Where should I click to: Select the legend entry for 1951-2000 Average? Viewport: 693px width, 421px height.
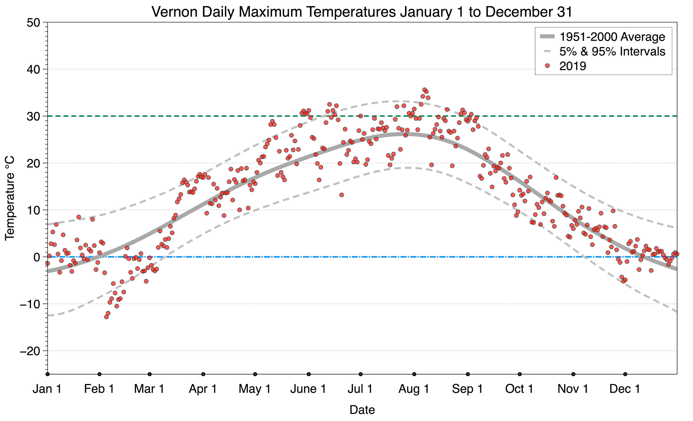[x=612, y=37]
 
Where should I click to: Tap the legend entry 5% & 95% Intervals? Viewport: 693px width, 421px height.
[x=612, y=51]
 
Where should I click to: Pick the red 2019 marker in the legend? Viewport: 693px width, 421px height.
[x=547, y=66]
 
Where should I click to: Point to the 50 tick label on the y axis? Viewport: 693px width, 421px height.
[x=33, y=23]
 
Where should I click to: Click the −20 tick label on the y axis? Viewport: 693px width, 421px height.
[x=29, y=351]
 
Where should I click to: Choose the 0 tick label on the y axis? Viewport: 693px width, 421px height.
[x=37, y=257]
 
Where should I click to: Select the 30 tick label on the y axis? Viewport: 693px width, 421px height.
[x=33, y=116]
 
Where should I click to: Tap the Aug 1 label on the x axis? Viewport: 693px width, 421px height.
[x=414, y=389]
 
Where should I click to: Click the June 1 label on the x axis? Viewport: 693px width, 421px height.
[x=308, y=389]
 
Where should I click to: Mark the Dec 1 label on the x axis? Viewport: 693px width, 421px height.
[x=625, y=389]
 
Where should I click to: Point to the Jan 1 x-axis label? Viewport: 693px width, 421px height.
[x=47, y=389]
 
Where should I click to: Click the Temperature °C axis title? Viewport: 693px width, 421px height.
[x=9, y=198]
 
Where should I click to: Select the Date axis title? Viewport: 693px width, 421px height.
[x=362, y=410]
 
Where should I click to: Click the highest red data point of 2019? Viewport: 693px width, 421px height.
[x=424, y=90]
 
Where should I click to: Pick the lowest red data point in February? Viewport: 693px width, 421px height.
[x=106, y=317]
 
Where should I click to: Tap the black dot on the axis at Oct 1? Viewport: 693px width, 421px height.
[x=520, y=374]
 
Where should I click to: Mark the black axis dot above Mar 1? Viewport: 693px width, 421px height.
[x=149, y=374]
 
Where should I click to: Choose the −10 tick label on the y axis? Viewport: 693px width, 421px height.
[x=29, y=304]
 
